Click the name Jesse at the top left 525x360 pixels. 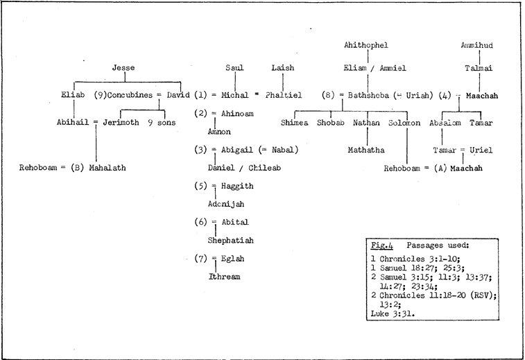123,68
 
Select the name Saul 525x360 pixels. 234,68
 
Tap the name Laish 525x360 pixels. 282,68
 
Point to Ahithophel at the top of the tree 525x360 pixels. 365,45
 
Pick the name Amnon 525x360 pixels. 218,130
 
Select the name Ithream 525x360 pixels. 223,277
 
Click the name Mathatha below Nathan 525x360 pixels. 365,149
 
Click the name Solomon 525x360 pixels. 406,122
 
